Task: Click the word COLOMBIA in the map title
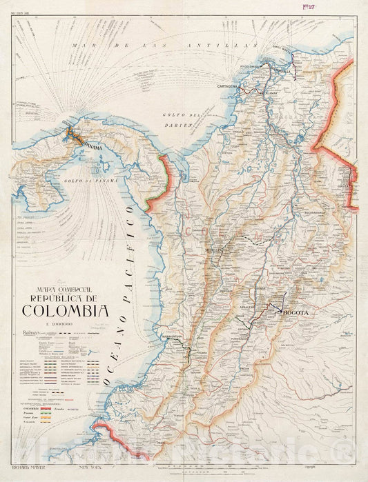pos(65,310)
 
